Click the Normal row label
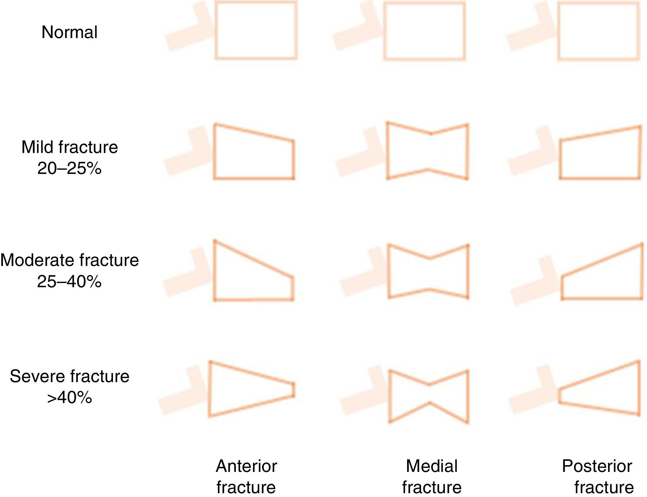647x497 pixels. [69, 32]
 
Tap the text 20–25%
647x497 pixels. [69, 168]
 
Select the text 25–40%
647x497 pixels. [69, 281]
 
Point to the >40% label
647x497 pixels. [69, 397]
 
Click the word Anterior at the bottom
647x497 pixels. [246, 466]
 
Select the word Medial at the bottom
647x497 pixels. [432, 466]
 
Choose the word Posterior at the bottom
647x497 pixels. [597, 466]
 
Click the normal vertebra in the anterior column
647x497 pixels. [256, 30]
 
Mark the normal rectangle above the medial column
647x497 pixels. [424, 31]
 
